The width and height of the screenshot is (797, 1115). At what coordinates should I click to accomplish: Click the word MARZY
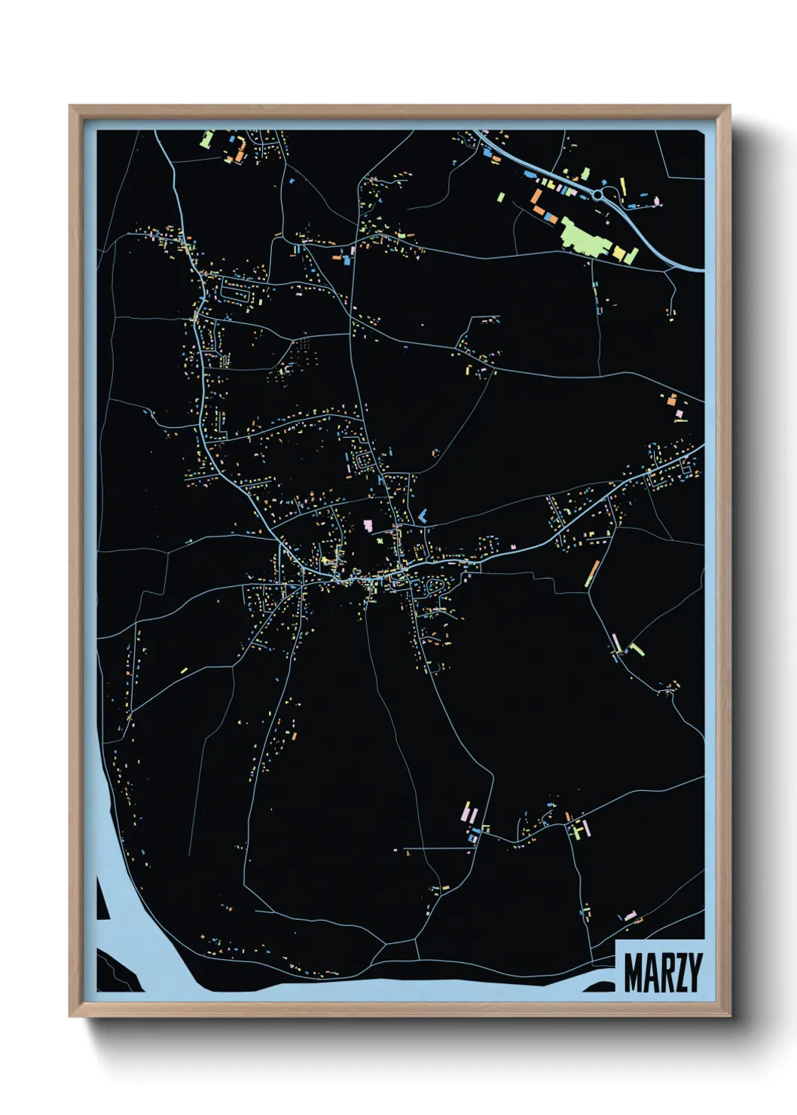tap(662, 973)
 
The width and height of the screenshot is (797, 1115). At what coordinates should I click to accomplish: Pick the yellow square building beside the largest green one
tap(620, 252)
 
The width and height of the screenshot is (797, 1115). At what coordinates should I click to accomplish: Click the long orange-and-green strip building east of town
tap(592, 573)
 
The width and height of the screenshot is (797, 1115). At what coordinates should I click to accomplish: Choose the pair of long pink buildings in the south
tap(468, 813)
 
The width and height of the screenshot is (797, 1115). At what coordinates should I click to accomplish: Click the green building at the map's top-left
tap(207, 139)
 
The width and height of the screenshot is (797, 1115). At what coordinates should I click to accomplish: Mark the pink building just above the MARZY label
tap(630, 916)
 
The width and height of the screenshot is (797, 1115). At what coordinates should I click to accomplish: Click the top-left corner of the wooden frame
tap(71, 107)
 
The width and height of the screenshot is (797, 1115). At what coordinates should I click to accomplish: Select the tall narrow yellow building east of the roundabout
tap(623, 185)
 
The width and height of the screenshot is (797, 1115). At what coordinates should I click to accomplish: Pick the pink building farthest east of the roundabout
tap(657, 200)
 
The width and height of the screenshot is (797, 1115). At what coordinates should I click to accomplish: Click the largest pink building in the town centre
tap(368, 524)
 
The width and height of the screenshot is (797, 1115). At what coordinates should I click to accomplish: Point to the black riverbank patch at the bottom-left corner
tap(117, 973)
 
